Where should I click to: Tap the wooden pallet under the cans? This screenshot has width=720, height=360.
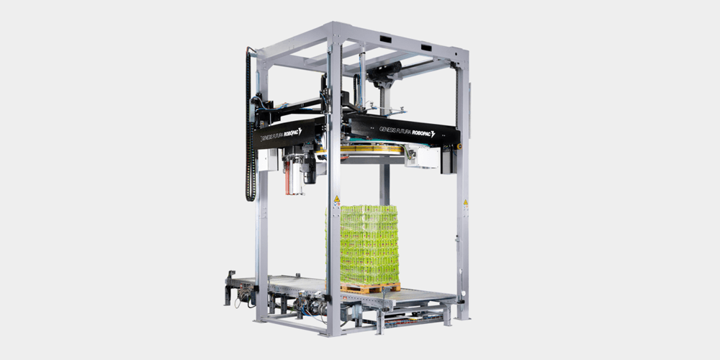point(370,287)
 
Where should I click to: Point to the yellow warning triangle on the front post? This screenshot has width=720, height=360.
point(336,199)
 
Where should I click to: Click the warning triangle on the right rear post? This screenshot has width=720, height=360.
point(464,202)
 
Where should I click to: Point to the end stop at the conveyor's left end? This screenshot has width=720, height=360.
point(230,282)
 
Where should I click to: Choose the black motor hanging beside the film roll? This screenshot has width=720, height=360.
point(310,169)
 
